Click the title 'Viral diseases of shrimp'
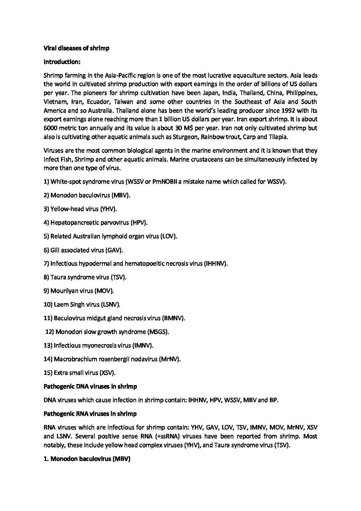pyautogui.click(x=76, y=48)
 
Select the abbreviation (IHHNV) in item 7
pyautogui.click(x=216, y=264)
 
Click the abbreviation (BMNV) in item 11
pyautogui.click(x=174, y=318)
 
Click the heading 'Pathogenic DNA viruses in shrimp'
pyautogui.click(x=90, y=386)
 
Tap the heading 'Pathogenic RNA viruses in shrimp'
pyautogui.click(x=90, y=414)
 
